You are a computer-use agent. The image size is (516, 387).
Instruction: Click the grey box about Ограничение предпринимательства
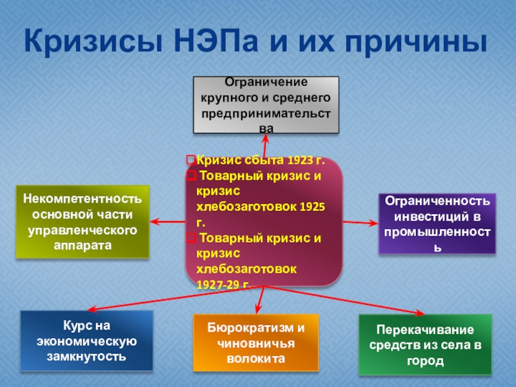[x=266, y=104]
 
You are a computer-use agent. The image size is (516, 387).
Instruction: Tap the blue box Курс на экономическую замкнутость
[x=86, y=341]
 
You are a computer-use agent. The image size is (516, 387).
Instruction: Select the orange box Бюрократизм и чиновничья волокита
[x=256, y=343]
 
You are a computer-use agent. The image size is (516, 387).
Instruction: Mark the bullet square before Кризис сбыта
[x=190, y=160]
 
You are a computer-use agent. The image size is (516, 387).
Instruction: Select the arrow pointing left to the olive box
[x=168, y=223]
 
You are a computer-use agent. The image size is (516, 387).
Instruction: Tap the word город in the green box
[x=425, y=361]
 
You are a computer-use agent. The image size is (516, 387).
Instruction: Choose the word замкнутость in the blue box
[x=86, y=356]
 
